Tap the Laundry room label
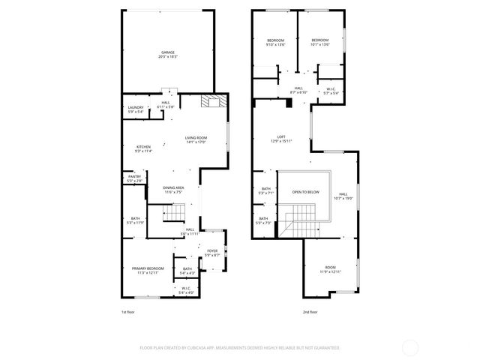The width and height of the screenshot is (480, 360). pyautogui.click(x=136, y=109)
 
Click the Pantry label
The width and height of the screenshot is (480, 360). pyautogui.click(x=134, y=178)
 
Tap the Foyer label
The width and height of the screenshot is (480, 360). pyautogui.click(x=212, y=253)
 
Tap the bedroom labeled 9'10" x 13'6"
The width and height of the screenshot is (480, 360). pyautogui.click(x=276, y=42)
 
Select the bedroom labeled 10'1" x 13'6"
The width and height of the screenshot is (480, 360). pyautogui.click(x=320, y=42)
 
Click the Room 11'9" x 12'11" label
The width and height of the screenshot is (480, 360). pyautogui.click(x=331, y=268)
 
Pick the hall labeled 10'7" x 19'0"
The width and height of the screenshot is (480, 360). pyautogui.click(x=342, y=196)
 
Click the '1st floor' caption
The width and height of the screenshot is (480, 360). pyautogui.click(x=128, y=311)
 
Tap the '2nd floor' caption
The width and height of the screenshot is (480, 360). pyautogui.click(x=310, y=311)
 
